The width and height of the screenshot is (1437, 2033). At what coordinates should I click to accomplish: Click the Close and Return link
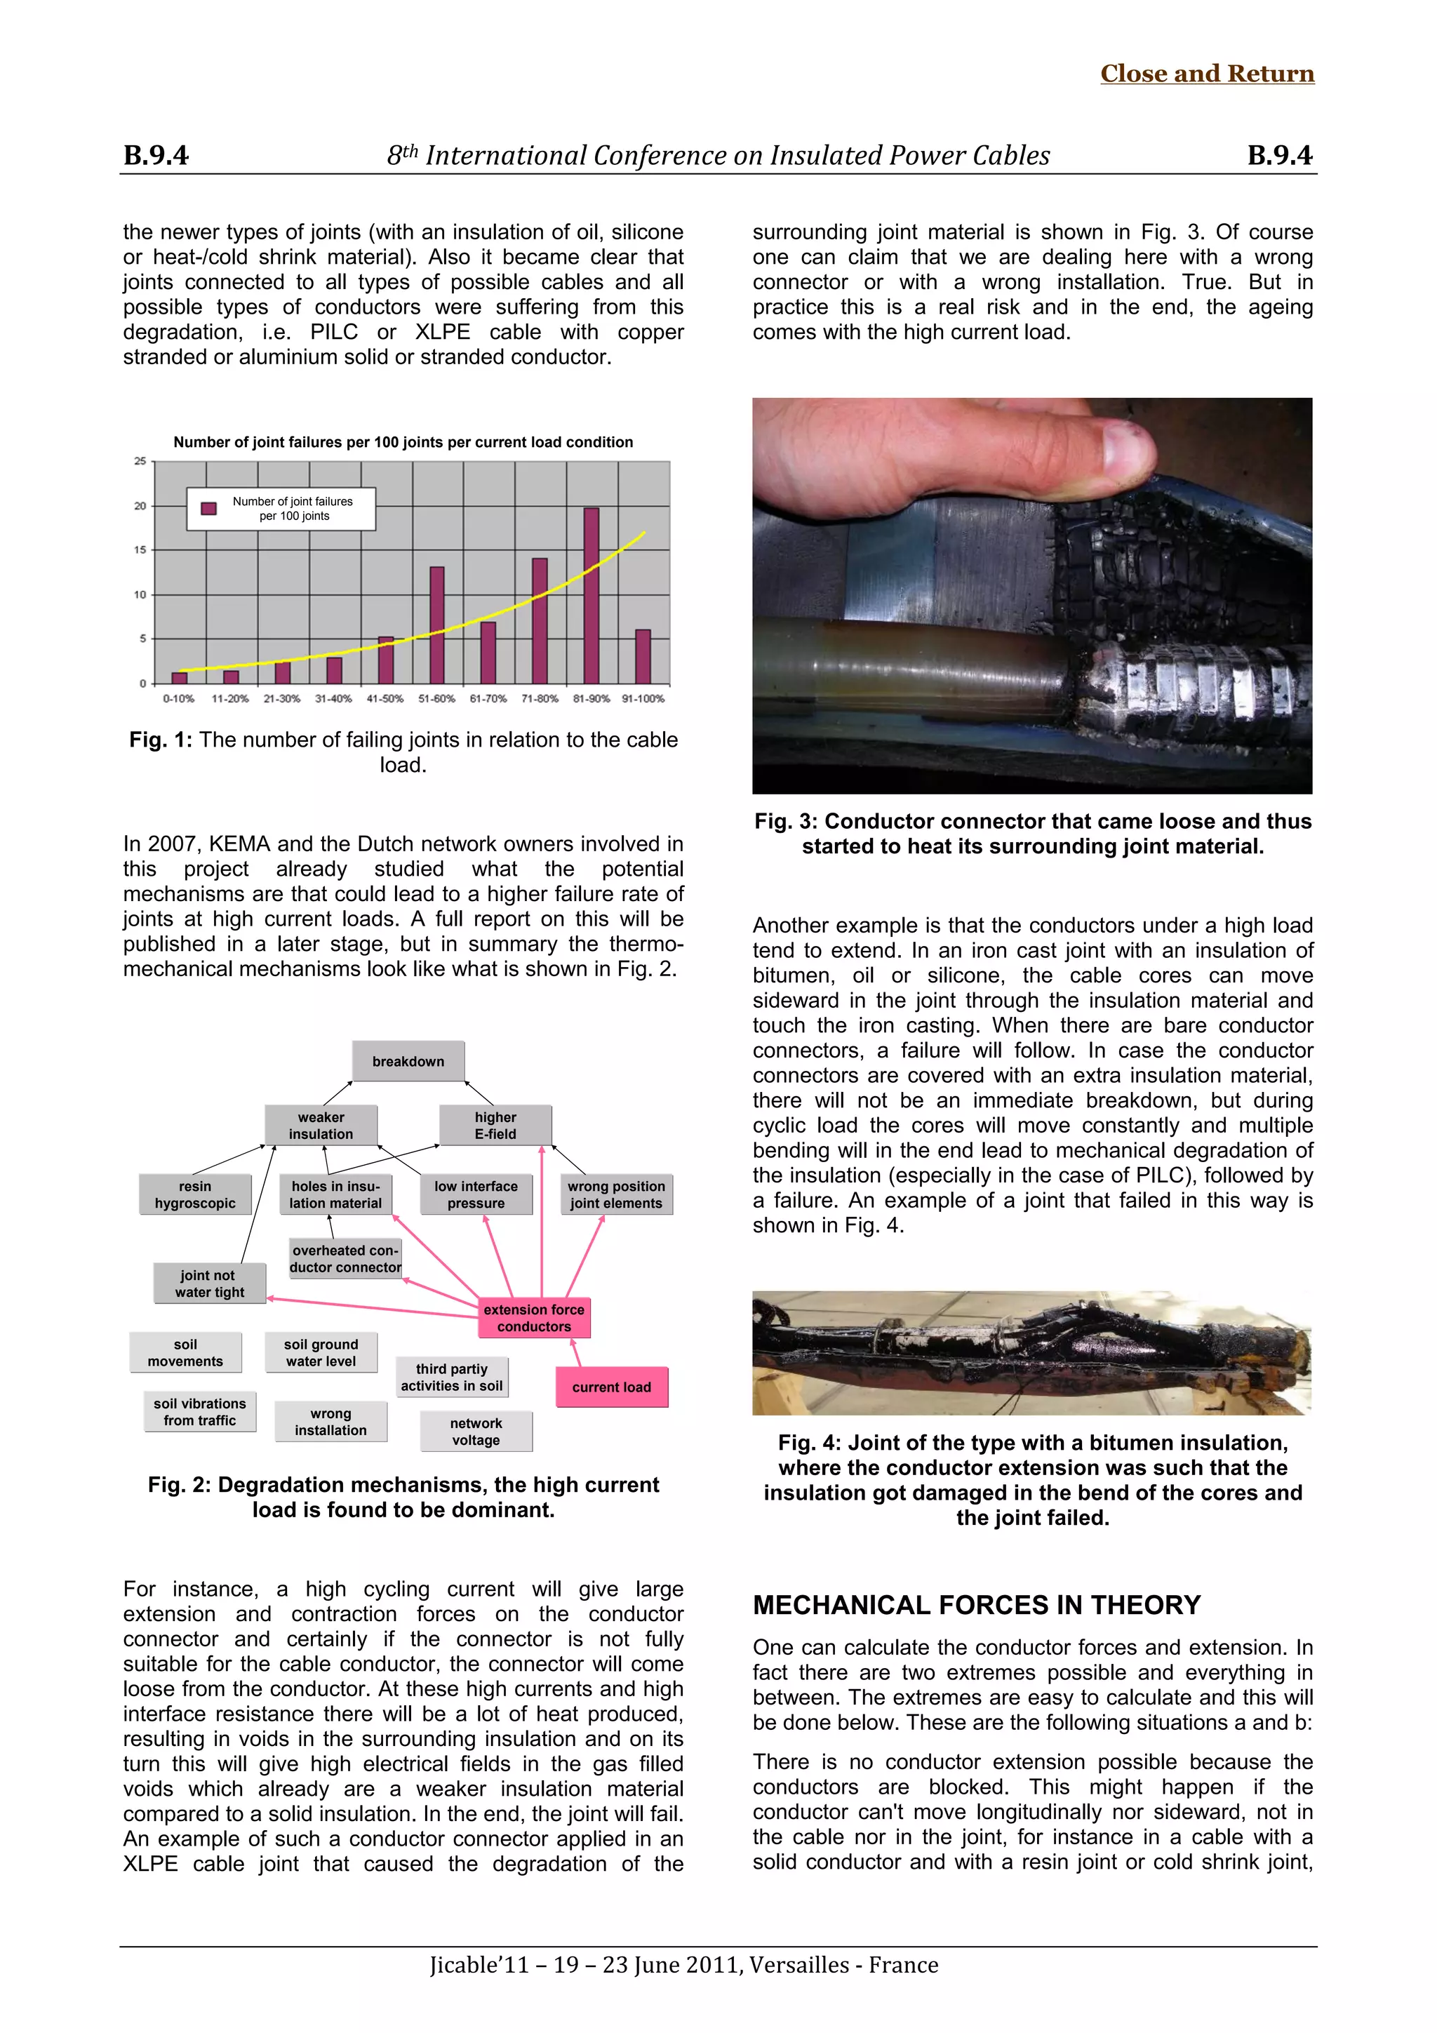1206,74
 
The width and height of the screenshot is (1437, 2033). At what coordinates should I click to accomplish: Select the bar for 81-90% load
591,595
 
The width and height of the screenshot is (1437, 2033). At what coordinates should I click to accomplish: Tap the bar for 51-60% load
436,625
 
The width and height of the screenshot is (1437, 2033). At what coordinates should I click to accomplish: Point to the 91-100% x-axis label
643,699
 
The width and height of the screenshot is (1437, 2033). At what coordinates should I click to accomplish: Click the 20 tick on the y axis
140,507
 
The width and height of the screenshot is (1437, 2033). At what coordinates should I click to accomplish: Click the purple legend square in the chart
209,508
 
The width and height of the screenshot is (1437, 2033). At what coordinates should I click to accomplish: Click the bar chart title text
403,442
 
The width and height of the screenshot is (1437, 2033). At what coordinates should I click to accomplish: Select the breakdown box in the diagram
408,1061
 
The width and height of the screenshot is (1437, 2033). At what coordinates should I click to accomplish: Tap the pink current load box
612,1387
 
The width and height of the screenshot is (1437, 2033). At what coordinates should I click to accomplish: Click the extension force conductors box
534,1317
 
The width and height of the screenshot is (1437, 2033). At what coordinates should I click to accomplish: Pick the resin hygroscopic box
195,1194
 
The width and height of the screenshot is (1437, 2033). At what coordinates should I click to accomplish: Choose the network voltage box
476,1431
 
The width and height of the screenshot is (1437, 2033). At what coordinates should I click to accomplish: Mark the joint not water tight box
209,1283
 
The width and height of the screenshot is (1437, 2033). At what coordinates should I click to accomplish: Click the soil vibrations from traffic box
200,1411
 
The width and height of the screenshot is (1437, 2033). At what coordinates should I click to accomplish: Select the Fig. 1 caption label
160,740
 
